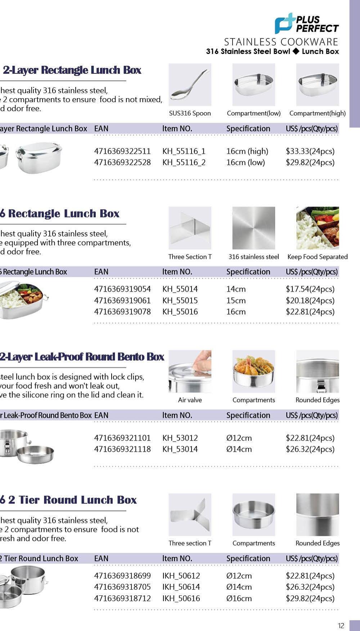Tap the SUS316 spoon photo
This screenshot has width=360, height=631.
pos(190,85)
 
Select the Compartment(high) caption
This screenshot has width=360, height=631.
pos(317,113)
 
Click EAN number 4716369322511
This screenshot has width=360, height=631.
pos(122,151)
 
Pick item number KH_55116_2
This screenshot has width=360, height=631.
pos(184,162)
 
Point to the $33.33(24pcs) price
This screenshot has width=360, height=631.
pos(310,151)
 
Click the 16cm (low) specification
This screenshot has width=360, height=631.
pos(246,162)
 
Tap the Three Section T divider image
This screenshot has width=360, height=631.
pos(190,228)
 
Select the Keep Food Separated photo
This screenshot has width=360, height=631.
pos(318,228)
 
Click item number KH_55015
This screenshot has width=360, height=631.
pos(180,300)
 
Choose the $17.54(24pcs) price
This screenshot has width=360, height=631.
pos(310,289)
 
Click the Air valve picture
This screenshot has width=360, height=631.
pos(190,371)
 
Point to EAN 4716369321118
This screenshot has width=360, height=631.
pos(122,449)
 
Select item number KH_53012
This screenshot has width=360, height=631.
pos(180,438)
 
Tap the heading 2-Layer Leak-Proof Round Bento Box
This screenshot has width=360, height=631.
pos(82,357)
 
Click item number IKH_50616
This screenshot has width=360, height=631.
pos(181,598)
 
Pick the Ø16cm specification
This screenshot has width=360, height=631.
pos(239,598)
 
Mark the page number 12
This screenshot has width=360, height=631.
pos(341,626)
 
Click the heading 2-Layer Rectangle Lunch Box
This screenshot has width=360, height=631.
pos(72,70)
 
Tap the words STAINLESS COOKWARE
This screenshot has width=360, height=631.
pos(281,42)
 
